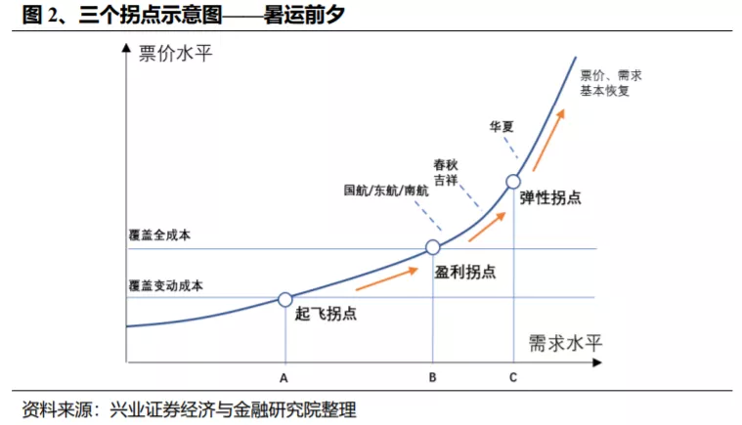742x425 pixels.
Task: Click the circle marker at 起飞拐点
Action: click(x=284, y=299)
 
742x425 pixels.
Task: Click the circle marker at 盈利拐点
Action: click(x=432, y=248)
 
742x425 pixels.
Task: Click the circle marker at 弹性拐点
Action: click(x=513, y=181)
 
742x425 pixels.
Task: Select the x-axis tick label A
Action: click(x=284, y=377)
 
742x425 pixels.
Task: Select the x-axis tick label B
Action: click(x=432, y=377)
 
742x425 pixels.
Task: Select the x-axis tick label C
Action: click(x=513, y=377)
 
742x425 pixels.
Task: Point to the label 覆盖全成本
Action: click(x=159, y=235)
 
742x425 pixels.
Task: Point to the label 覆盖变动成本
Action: click(x=165, y=285)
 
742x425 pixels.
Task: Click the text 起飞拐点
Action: click(x=326, y=315)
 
